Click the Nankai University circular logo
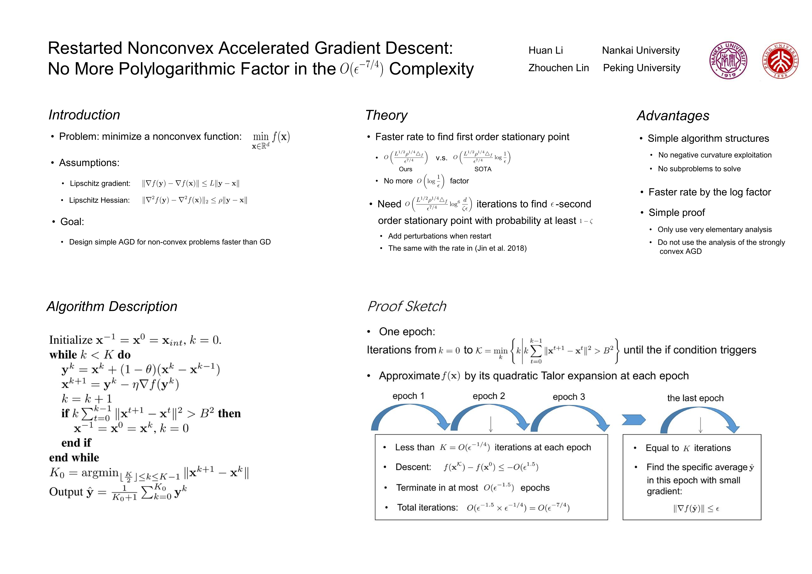click(x=728, y=60)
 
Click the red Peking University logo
click(x=780, y=60)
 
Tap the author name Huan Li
click(x=545, y=51)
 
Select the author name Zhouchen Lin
click(x=558, y=68)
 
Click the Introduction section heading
click(x=84, y=115)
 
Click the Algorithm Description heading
click(x=112, y=307)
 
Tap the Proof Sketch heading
click(x=407, y=307)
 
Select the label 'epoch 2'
click(x=489, y=396)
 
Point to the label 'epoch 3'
click(x=569, y=397)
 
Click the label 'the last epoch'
click(x=695, y=398)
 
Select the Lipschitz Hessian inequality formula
click(x=195, y=200)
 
